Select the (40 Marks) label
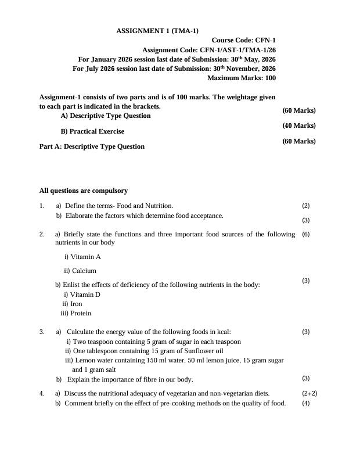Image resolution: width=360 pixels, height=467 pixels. (299, 125)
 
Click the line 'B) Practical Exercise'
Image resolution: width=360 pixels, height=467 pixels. (92, 131)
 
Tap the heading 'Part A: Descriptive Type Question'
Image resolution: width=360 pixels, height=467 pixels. (92, 146)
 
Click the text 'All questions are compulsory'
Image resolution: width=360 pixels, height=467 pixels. (84, 191)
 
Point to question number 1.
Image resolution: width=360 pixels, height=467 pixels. (42, 206)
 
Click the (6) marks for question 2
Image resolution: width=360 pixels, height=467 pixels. (306, 235)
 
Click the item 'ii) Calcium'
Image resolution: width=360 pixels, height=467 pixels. (80, 271)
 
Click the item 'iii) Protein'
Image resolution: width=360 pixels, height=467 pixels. (76, 313)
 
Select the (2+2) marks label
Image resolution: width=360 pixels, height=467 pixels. (309, 393)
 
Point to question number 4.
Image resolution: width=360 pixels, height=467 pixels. (42, 393)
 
